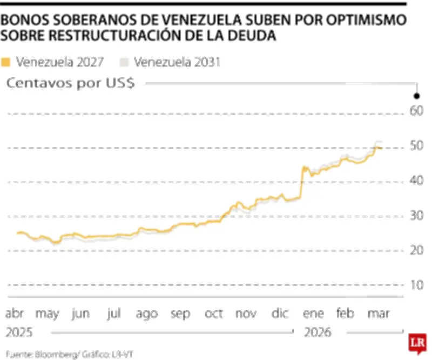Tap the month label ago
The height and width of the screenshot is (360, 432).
point(147,314)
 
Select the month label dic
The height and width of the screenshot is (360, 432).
point(280,314)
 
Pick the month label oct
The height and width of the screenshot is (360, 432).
point(213,314)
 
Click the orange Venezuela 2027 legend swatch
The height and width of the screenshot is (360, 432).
point(6,62)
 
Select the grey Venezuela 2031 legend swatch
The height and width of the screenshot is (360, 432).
point(125,62)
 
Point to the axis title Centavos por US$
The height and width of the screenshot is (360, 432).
point(70,83)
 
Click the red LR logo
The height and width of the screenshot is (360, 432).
point(416,343)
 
